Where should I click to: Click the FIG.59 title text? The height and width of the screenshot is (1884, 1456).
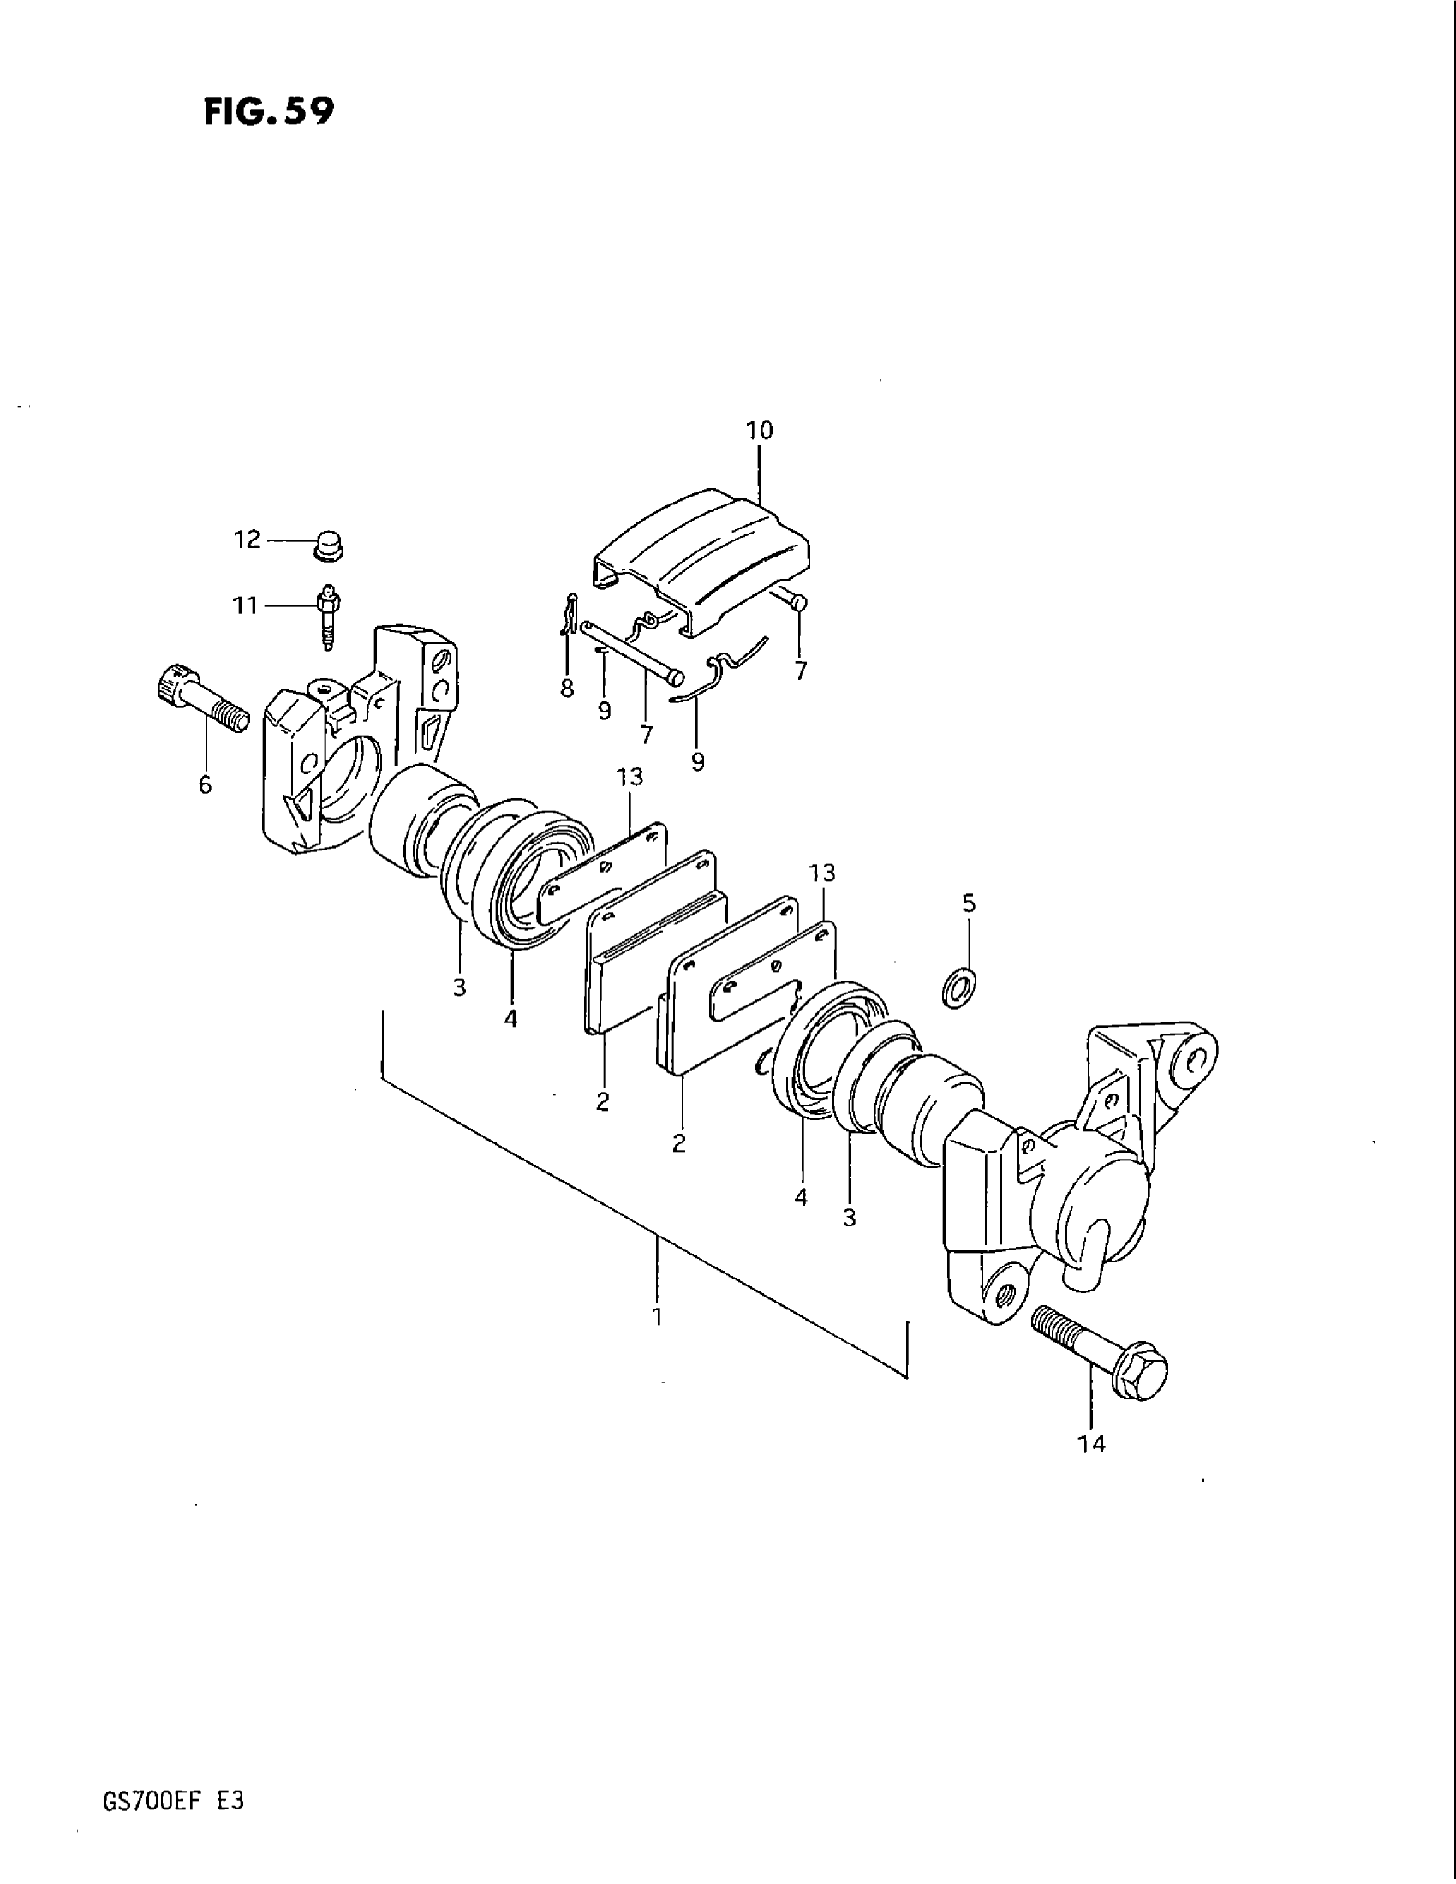[268, 112]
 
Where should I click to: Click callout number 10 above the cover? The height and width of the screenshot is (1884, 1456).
[759, 431]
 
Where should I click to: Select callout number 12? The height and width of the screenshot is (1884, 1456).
[247, 540]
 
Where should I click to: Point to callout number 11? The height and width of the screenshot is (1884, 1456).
[246, 606]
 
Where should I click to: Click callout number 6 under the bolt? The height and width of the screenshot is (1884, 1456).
[206, 785]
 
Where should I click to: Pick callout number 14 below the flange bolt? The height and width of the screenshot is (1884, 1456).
[1091, 1444]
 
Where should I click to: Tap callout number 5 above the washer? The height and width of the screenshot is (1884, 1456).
[969, 903]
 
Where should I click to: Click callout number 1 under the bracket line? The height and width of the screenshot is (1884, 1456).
[657, 1317]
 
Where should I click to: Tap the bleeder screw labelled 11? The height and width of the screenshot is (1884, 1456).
[329, 616]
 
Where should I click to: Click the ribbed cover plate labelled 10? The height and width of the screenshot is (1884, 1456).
[703, 557]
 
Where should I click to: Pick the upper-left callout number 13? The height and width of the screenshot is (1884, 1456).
[630, 778]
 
